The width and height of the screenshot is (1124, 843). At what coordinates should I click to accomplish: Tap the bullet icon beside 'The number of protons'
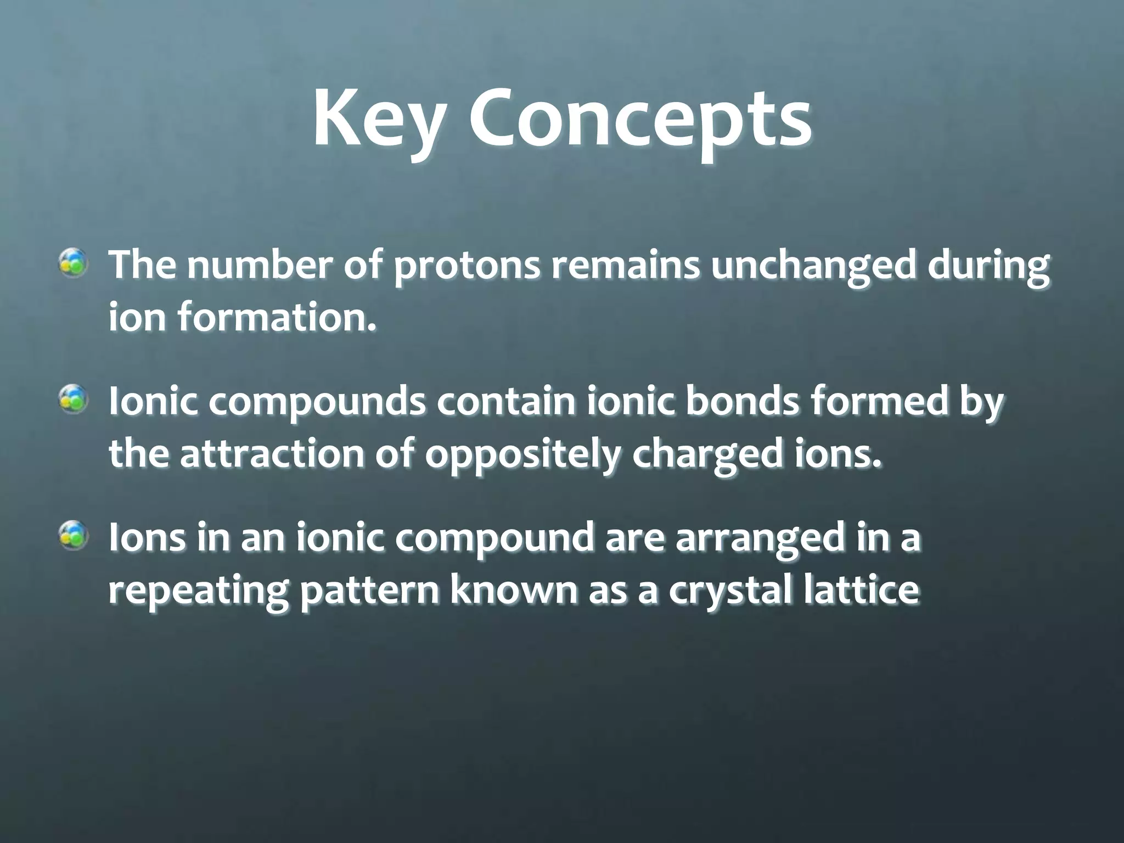pos(74,261)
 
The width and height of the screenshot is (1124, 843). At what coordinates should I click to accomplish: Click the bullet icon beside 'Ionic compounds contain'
pos(74,398)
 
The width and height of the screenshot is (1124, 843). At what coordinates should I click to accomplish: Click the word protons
pos(468,266)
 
